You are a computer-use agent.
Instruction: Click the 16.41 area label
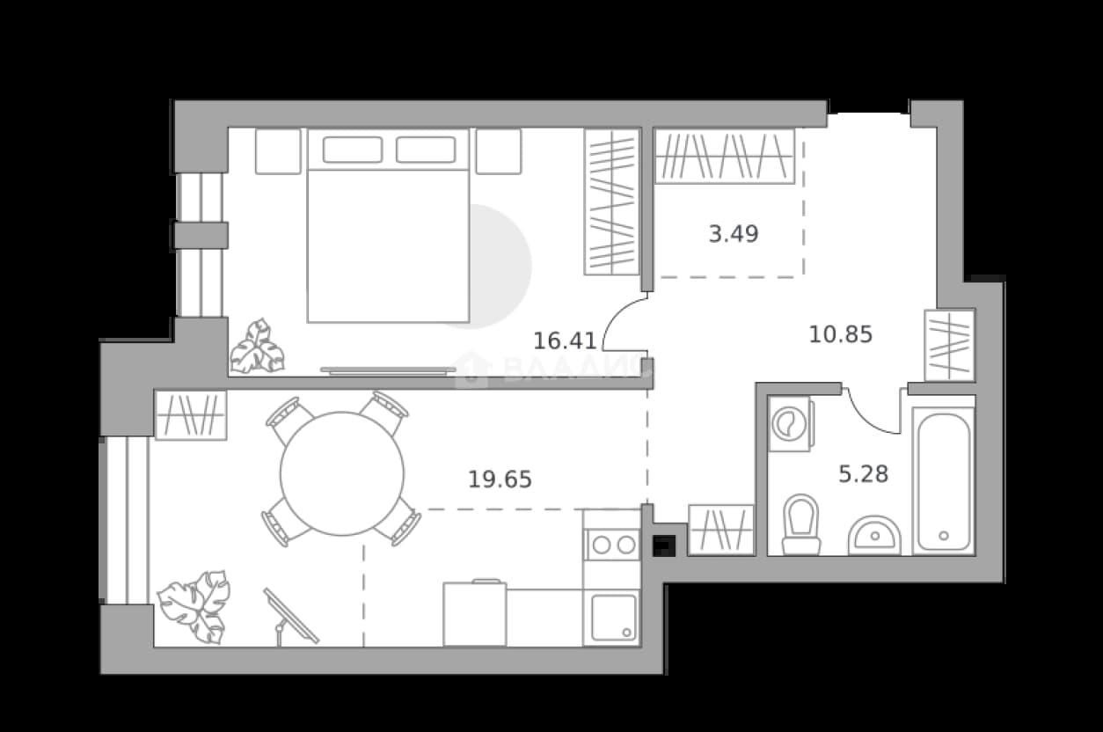565,340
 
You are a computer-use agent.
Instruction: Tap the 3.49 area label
734,234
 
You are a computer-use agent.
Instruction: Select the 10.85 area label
841,335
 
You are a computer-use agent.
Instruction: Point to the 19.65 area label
500,479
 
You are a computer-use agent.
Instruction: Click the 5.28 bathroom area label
863,474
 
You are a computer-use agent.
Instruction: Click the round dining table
342,474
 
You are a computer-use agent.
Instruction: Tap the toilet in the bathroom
801,524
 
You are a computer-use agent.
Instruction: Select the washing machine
792,424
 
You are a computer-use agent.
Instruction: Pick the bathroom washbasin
874,536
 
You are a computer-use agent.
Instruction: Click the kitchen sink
614,618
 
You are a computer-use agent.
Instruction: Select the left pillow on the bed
353,150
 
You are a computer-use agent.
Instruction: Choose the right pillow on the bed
426,150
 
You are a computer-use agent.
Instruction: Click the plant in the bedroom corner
258,347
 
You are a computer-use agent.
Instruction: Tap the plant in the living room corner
195,607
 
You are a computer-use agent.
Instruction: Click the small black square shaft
664,545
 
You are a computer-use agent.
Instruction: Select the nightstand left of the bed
278,151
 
